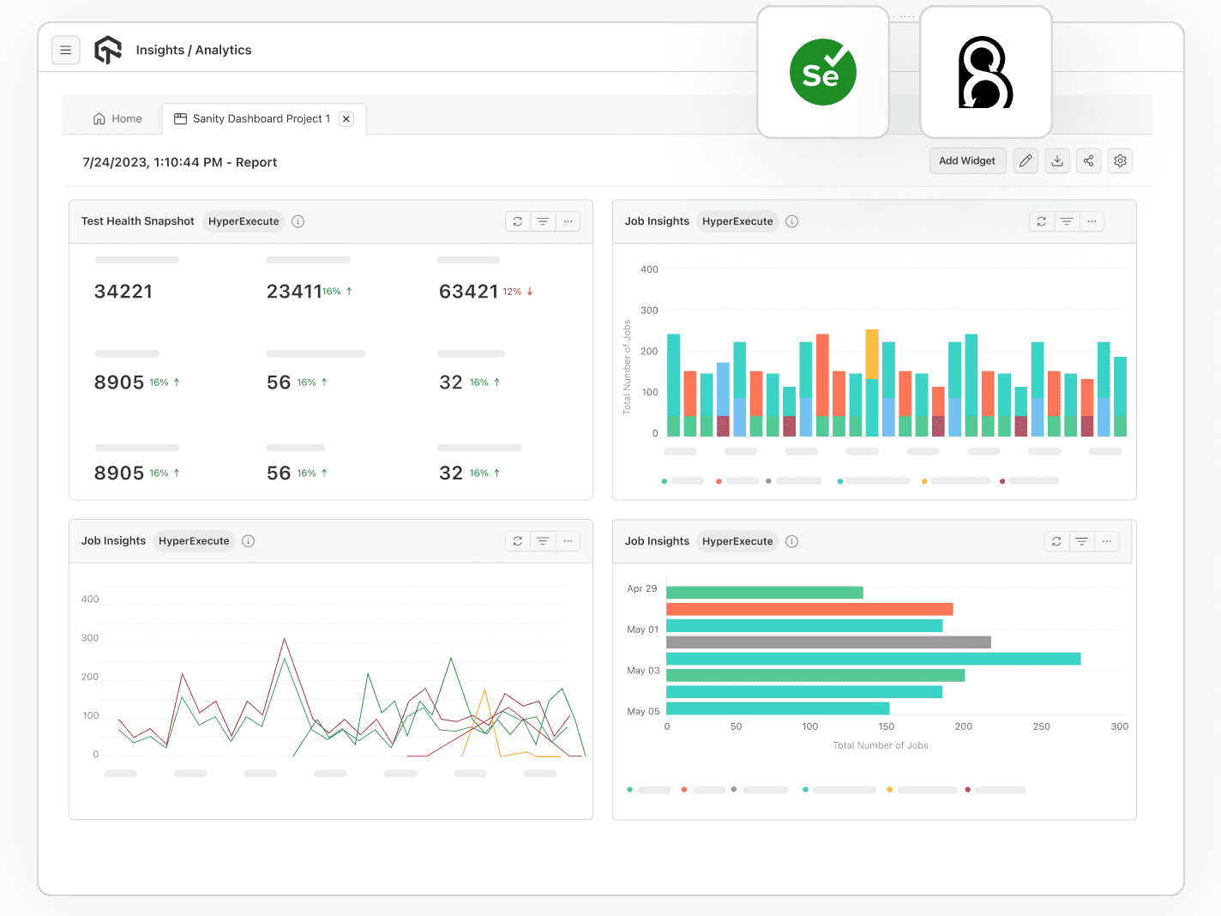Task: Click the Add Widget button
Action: (967, 161)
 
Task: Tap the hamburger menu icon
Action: (66, 51)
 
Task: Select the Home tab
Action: (117, 119)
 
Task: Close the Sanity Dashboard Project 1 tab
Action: (346, 119)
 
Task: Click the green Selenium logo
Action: (822, 73)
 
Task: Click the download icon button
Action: (1057, 161)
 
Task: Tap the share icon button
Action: (1088, 161)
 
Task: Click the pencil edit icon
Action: (1026, 161)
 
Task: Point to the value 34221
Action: (123, 292)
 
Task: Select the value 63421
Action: (468, 292)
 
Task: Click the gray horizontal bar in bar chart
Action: (828, 642)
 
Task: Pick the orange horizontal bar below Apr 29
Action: (809, 609)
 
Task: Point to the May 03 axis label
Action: (643, 671)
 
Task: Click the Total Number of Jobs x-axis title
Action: (881, 745)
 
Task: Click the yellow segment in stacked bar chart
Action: (872, 353)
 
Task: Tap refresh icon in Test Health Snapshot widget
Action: (518, 221)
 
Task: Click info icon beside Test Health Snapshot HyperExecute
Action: (298, 221)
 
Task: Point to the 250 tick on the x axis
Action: (1041, 726)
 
